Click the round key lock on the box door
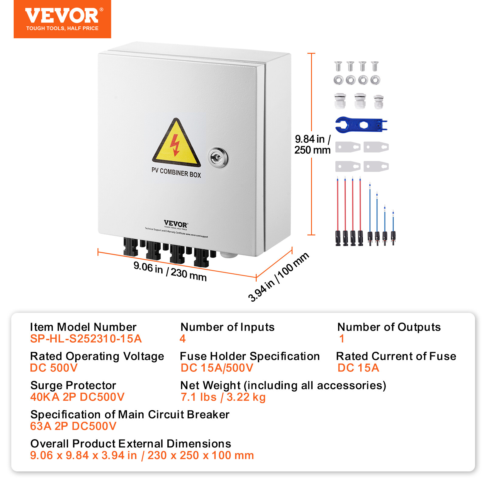218,157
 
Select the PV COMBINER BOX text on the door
176,173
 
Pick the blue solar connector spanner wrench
361,125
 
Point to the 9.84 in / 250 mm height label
312,145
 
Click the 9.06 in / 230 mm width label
170,271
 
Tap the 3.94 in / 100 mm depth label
278,276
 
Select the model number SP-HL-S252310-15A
86,339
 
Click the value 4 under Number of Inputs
183,339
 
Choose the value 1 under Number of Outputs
342,339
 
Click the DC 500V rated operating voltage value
54,368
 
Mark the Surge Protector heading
73,385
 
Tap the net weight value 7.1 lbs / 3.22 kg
223,397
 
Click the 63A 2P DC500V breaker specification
73,426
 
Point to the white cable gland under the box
228,254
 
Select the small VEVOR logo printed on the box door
176,224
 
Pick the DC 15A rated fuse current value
358,368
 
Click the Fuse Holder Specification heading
250,356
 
